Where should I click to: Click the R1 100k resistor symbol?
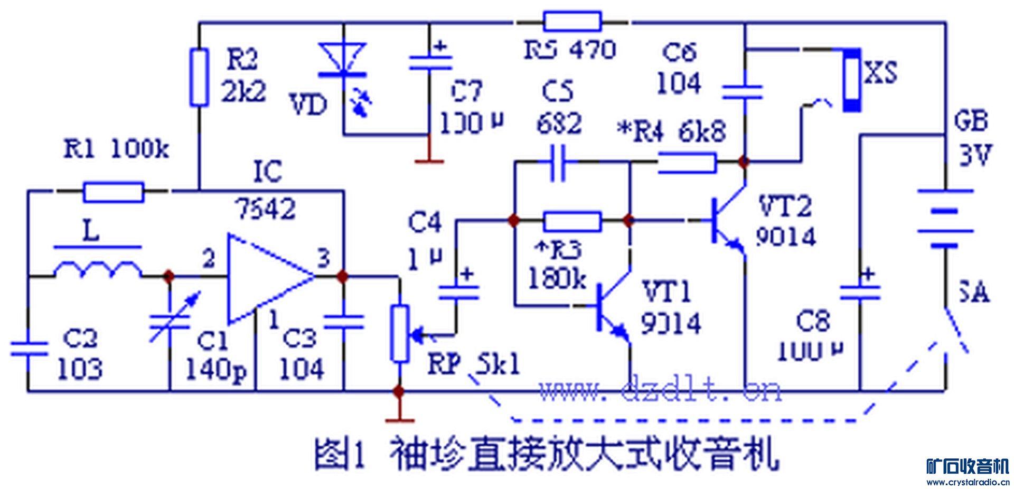[x=114, y=192]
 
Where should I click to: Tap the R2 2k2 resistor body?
[x=200, y=77]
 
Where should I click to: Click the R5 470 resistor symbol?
[x=572, y=22]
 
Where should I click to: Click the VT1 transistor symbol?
[x=613, y=309]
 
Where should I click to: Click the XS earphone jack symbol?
[x=851, y=79]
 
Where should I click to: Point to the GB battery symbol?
[x=945, y=219]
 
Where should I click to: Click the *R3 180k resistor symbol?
[x=572, y=221]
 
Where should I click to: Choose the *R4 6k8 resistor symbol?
[x=687, y=163]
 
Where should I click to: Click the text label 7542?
[x=266, y=210]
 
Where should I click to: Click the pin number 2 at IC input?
[x=209, y=259]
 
